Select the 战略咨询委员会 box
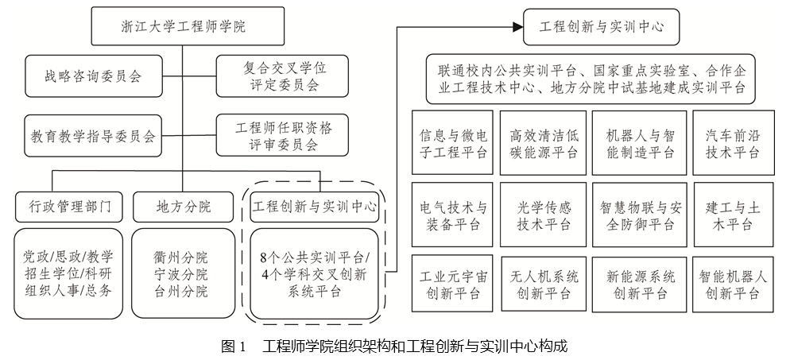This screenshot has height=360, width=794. (93, 76)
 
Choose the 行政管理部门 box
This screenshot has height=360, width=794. (69, 207)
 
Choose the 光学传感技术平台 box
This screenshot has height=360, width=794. (544, 215)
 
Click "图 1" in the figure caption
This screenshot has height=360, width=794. (234, 346)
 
